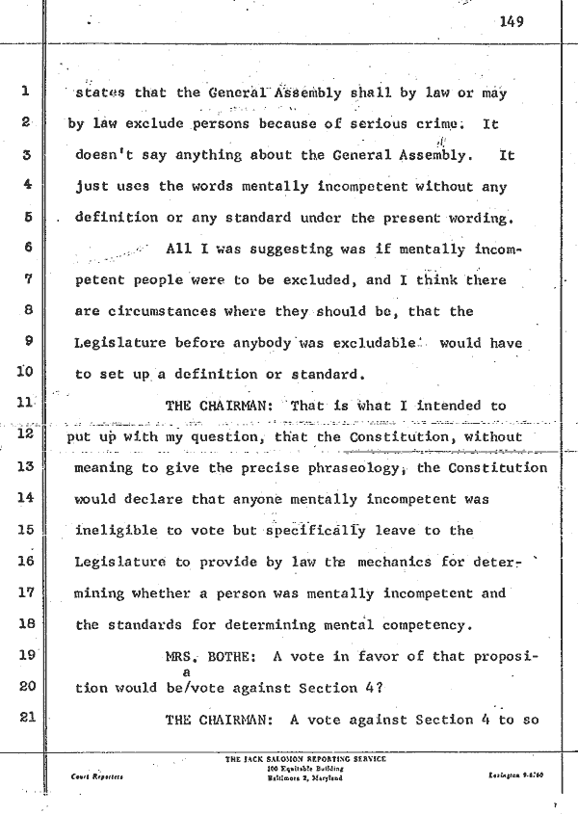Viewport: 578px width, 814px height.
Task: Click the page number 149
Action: [512, 24]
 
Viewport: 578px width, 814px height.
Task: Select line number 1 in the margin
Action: [26, 93]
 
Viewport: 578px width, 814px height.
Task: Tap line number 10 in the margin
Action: [26, 373]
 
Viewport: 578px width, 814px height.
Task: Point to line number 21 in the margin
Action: [26, 719]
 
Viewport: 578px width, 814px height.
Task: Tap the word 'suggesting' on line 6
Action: [281, 249]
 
